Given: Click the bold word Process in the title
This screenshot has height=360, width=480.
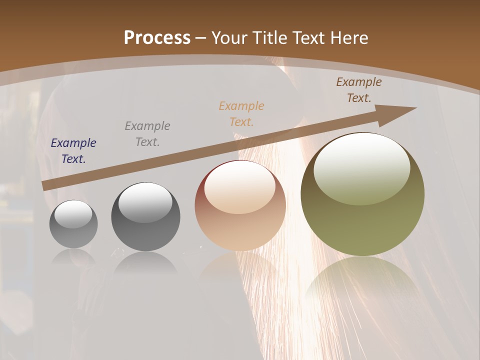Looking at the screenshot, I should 157,38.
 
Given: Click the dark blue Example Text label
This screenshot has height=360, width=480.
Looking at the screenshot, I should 73,151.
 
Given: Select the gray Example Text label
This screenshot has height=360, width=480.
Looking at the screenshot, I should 147,134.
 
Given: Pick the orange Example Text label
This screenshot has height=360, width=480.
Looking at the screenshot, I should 241,114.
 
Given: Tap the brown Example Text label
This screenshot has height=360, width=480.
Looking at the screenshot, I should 359,90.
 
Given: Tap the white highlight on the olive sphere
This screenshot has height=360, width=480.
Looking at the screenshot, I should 361,167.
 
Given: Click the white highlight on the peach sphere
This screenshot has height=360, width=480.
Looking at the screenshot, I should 240,186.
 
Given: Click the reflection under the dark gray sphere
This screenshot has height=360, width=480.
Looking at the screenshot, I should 145,262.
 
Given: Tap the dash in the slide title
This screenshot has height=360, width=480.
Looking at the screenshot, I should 201,38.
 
